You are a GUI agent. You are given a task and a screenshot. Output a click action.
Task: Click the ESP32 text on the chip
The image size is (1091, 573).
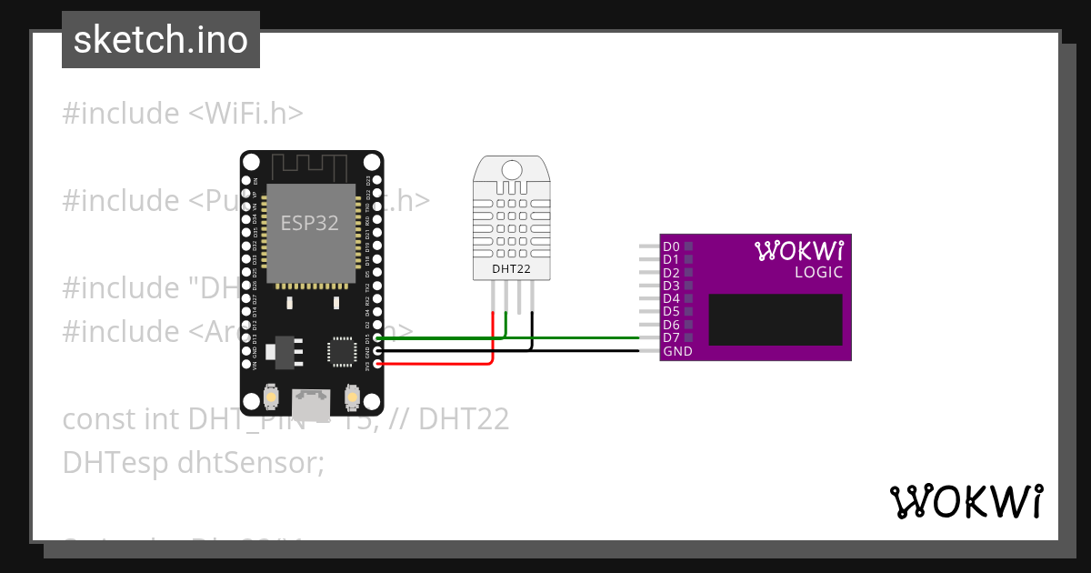click(310, 224)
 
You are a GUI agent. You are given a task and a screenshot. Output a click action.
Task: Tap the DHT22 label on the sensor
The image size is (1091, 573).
click(511, 268)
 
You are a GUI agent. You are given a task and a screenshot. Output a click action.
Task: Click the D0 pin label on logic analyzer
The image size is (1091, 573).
click(671, 246)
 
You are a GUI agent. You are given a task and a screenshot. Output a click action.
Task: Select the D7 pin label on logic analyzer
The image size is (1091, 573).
click(671, 337)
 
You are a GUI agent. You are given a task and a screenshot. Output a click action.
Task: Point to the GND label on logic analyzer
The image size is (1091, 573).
click(677, 351)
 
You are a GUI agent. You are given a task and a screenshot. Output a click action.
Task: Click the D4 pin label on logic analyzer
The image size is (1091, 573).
click(671, 298)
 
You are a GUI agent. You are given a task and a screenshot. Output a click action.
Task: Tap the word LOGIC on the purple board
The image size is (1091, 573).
click(818, 272)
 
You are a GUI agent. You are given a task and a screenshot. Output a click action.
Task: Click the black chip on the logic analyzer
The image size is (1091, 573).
click(776, 319)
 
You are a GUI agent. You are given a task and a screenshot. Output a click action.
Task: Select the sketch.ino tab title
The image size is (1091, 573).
click(161, 40)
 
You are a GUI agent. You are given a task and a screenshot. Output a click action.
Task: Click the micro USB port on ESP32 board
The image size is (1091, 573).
click(311, 400)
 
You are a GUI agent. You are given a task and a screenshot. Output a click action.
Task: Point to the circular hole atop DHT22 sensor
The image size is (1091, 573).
click(512, 169)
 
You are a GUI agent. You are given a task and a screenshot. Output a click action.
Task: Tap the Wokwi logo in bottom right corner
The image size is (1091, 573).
click(966, 501)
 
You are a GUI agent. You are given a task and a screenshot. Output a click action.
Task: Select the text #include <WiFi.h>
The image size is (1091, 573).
click(183, 114)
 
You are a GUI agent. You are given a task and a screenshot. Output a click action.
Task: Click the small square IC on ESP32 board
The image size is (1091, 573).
click(343, 350)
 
